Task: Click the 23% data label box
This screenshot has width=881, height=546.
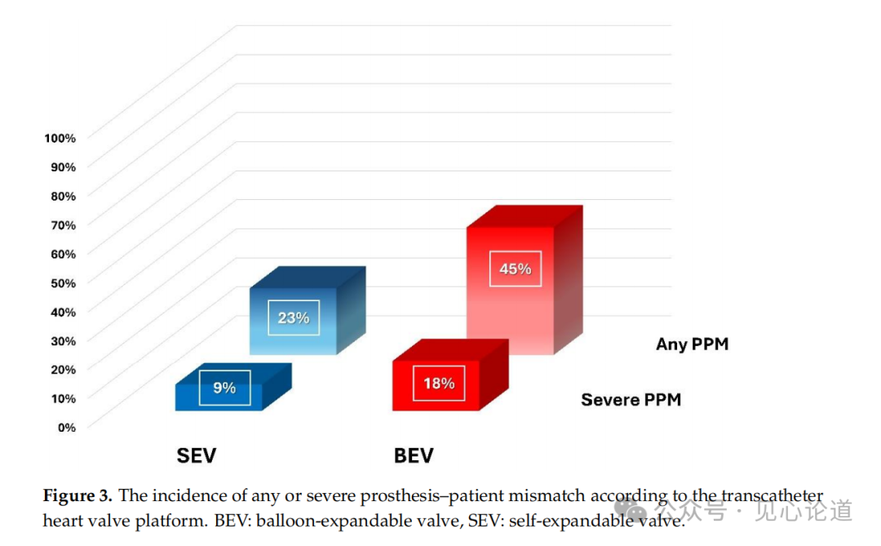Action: tap(294, 317)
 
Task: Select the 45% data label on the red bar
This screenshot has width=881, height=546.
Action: tap(516, 269)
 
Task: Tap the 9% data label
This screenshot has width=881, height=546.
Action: tap(224, 388)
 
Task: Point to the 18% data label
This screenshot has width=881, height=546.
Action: tap(439, 384)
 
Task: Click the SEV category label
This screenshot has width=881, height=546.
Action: tap(196, 455)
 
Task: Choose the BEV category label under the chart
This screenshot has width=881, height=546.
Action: tap(414, 455)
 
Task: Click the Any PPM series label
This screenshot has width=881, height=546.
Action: tap(693, 344)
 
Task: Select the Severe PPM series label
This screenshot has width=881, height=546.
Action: tap(631, 400)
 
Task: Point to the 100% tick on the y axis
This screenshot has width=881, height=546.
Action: tap(60, 138)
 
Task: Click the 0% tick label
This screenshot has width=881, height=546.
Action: tap(67, 428)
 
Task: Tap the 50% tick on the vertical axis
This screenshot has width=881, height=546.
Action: tap(64, 283)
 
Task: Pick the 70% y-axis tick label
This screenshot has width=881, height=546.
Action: tap(64, 225)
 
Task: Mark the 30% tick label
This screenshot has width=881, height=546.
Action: tap(64, 341)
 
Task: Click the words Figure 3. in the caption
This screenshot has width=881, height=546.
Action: tap(77, 496)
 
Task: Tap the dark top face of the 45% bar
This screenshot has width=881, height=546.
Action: tap(525, 216)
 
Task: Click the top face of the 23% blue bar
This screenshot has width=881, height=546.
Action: tap(308, 277)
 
